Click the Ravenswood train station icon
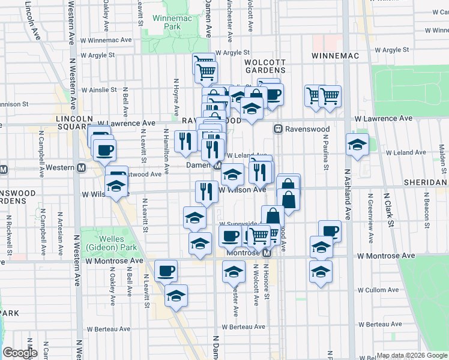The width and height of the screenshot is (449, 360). coord(279,129)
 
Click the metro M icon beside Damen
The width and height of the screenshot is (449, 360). coord(219,165)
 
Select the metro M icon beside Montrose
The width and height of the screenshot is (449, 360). coord(267,253)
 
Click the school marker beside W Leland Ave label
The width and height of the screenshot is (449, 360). coord(357,145)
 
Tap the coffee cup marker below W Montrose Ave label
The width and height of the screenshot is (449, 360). coord(166,270)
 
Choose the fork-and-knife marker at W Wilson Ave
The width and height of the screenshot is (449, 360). coord(206,191)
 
